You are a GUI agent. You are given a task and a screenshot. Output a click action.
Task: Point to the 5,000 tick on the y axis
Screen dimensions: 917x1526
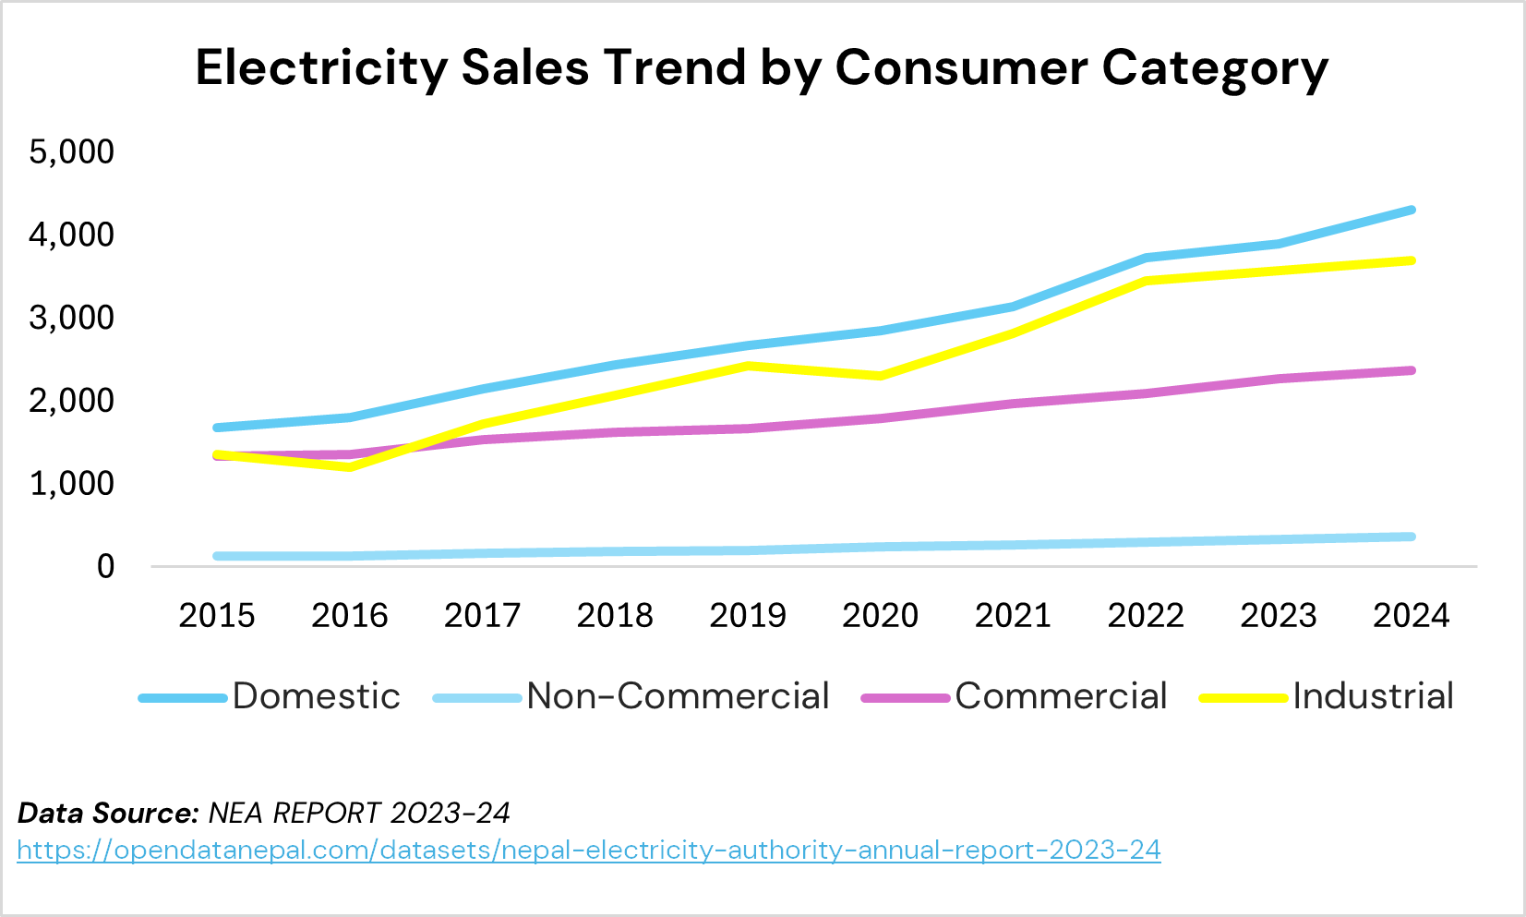pos(72,151)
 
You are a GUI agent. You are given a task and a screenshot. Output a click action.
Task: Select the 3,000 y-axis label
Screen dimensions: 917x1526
pos(72,318)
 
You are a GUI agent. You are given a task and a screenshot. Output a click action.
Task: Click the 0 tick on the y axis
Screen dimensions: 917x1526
pos(105,566)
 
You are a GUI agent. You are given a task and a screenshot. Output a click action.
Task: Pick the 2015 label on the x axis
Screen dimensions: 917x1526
pos(217,615)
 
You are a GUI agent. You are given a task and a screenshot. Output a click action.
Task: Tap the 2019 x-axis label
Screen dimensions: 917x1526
pos(748,615)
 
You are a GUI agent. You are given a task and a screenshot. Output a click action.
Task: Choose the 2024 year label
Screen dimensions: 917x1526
pos(1411,615)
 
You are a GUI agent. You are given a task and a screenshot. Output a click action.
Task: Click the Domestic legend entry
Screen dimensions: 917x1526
pos(316,696)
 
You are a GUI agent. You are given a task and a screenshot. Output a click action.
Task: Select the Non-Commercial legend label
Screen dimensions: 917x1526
pos(678,696)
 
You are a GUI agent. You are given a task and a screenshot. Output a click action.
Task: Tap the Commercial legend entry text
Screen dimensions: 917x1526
pos(1061,696)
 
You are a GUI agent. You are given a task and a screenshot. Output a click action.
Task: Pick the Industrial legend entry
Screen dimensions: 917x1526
pos(1373,696)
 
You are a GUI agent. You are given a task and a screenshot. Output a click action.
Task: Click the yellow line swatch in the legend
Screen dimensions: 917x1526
pos(1243,698)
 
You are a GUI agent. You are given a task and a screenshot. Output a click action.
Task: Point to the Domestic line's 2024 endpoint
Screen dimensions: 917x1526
pos(1411,211)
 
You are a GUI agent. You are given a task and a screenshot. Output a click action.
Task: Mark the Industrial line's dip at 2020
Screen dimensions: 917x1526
pos(880,376)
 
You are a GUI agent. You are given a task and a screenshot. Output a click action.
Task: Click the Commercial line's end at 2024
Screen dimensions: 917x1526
pos(1411,370)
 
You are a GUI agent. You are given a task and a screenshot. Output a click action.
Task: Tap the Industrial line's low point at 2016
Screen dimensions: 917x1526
pos(350,467)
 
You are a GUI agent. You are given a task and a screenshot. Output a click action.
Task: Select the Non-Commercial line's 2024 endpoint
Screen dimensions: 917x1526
pos(1411,537)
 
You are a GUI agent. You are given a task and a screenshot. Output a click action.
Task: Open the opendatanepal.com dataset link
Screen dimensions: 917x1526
pos(589,850)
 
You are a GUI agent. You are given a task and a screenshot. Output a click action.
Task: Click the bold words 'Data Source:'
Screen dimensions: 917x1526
pos(108,814)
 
